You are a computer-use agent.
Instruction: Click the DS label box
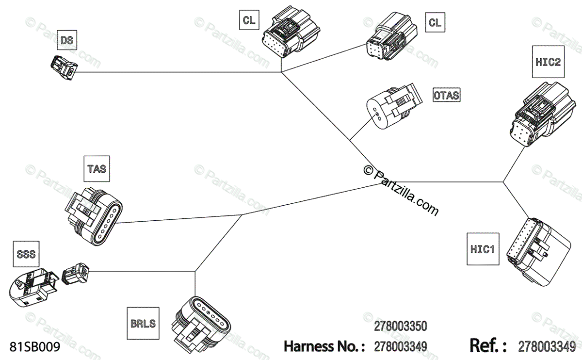click(x=67, y=41)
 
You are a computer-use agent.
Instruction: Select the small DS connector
click(x=64, y=66)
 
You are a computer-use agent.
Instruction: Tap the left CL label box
click(x=249, y=21)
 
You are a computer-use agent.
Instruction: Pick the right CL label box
click(x=435, y=22)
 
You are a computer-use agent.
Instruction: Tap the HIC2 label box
click(x=549, y=62)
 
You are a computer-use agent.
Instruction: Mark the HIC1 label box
click(x=483, y=249)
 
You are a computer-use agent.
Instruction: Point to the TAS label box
click(x=97, y=169)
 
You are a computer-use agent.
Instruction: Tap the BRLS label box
click(x=143, y=323)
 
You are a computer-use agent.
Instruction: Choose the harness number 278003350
click(x=400, y=325)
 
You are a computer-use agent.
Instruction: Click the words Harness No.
click(x=323, y=346)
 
